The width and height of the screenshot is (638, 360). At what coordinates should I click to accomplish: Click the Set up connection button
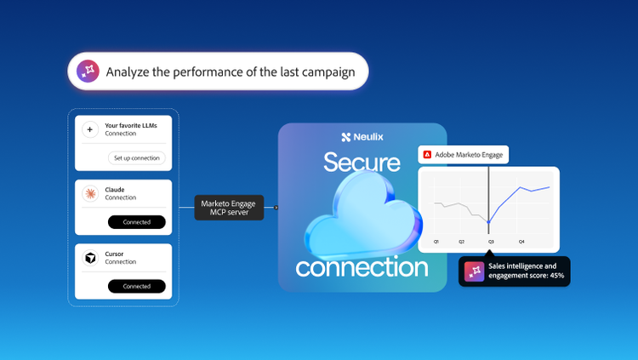pos(137,158)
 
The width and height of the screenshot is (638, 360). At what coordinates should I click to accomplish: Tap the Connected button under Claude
pos(137,222)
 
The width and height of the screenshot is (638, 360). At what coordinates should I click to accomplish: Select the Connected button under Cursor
pos(137,286)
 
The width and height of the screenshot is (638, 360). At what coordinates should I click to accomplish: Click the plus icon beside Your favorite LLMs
pos(90,129)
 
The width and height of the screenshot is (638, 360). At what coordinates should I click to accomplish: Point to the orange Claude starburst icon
pos(90,193)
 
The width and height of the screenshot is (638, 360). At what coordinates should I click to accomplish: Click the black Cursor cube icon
pos(90,258)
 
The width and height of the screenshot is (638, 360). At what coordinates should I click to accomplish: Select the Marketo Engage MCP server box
pos(229,208)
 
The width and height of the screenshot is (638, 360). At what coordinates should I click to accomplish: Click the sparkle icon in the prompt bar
pos(88,71)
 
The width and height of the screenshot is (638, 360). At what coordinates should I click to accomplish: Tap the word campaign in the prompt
pos(328,72)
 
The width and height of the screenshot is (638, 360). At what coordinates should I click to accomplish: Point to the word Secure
pos(362,162)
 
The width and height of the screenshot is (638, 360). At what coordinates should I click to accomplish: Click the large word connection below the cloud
pos(362,267)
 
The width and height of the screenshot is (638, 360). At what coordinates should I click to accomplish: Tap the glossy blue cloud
pos(363,216)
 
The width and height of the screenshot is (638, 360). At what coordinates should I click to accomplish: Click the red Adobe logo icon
pos(427,155)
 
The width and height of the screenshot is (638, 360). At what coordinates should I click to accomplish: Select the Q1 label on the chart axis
pos(436,242)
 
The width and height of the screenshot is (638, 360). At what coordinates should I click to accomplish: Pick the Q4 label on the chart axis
pos(521,242)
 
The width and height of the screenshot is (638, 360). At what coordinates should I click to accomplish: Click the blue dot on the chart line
pos(488,222)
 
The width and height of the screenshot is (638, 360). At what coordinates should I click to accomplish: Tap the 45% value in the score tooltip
pos(557,276)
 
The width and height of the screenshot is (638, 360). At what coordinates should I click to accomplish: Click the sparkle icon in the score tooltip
pos(475,271)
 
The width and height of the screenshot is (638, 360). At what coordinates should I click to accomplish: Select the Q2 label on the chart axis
pos(461,242)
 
